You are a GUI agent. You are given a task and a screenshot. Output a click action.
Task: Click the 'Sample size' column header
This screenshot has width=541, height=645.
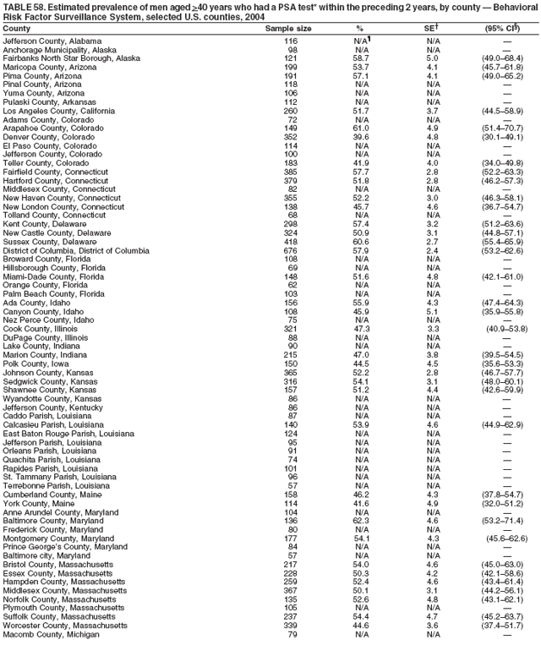[x=288, y=28]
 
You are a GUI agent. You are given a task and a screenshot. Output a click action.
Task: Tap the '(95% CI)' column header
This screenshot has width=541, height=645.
[x=505, y=28]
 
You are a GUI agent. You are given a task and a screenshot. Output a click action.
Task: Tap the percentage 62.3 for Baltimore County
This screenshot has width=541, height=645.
[x=360, y=521]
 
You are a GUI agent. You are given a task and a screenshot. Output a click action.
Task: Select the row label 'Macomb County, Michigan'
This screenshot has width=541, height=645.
[x=51, y=635]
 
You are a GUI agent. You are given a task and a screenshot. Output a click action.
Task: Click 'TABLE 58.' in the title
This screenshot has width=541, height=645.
[x=24, y=6]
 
